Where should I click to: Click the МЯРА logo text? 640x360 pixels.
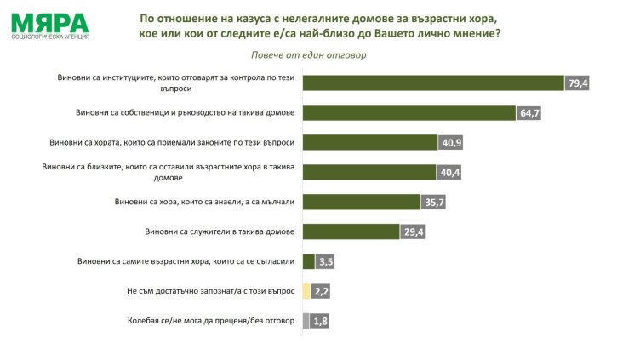(49, 21)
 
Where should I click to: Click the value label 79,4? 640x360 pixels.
(579, 83)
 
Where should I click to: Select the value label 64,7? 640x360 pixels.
(529, 113)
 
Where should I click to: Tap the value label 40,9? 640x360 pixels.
(450, 142)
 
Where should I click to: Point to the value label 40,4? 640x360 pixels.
(449, 172)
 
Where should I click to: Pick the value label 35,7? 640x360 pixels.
(434, 202)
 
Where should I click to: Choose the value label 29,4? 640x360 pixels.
(414, 231)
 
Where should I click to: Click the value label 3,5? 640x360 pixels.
(326, 261)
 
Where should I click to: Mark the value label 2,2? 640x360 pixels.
(322, 291)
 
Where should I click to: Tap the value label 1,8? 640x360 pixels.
(321, 321)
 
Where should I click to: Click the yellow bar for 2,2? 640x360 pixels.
(306, 291)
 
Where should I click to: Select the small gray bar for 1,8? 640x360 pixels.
(306, 321)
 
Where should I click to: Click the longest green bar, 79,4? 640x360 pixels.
(433, 83)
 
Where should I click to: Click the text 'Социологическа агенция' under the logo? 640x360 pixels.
(49, 37)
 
